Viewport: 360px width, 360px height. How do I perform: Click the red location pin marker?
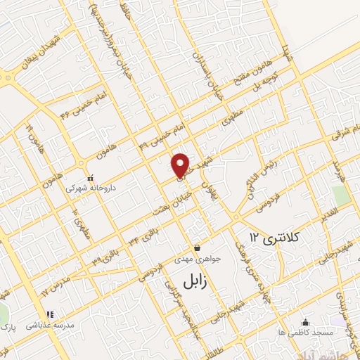[x=181, y=165]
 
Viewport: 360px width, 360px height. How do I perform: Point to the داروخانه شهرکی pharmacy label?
[x=86, y=188]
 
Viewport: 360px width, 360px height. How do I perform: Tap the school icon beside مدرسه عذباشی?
[x=50, y=314]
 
